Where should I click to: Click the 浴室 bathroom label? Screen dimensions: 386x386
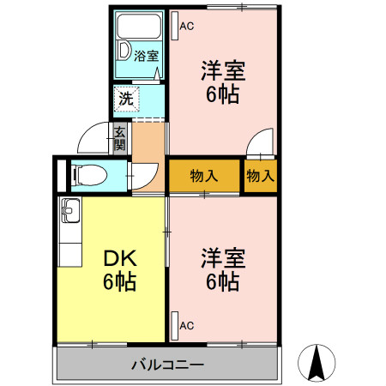[147, 57]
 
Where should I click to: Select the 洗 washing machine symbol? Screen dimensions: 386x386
[126, 99]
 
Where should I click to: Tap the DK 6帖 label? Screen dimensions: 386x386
[120, 268]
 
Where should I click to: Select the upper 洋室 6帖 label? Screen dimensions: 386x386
[221, 81]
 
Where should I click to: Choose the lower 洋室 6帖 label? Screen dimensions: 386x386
[222, 268]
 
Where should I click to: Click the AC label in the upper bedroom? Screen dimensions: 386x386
[187, 26]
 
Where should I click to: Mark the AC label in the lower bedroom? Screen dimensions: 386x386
[187, 326]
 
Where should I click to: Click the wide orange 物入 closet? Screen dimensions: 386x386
[203, 177]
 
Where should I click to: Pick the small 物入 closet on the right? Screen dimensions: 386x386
[260, 177]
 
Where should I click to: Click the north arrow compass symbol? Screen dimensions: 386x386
[318, 365]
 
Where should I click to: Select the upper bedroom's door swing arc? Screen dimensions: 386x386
[260, 142]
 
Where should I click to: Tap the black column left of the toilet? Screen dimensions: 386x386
[60, 176]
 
